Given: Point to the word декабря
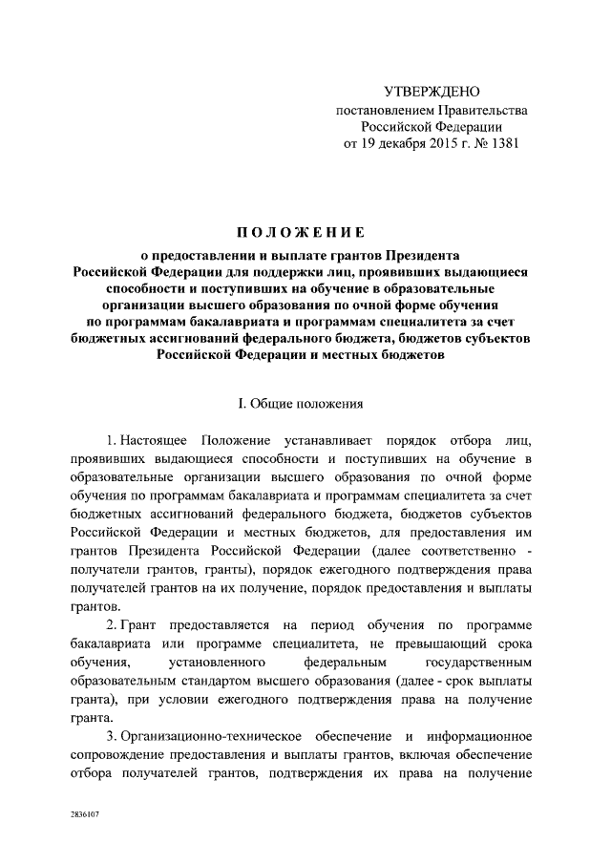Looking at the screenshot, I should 394,144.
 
